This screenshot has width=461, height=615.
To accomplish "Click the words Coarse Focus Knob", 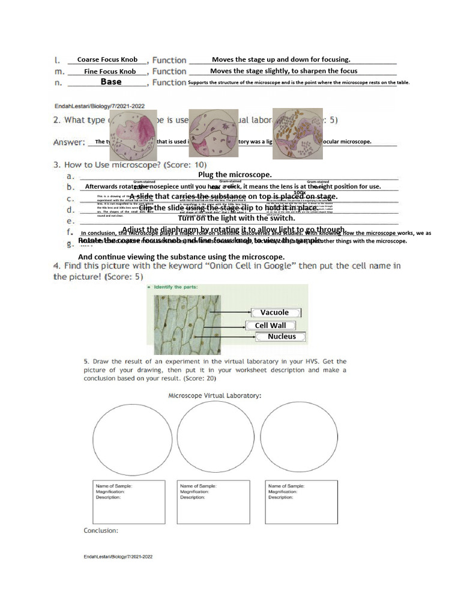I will point(107,60).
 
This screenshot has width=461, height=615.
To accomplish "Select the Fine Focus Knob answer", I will point(110,71).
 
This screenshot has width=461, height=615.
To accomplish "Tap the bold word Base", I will point(111,82).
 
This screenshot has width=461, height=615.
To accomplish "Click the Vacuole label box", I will point(274,312).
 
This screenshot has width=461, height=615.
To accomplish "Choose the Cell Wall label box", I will point(270,326).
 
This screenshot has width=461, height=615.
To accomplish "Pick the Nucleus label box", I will point(282,337).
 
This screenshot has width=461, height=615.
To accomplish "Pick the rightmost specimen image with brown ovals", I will point(297,133).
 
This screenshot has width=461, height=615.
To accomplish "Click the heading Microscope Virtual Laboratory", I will point(214,396).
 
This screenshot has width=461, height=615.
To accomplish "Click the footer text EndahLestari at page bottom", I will point(118,557).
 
